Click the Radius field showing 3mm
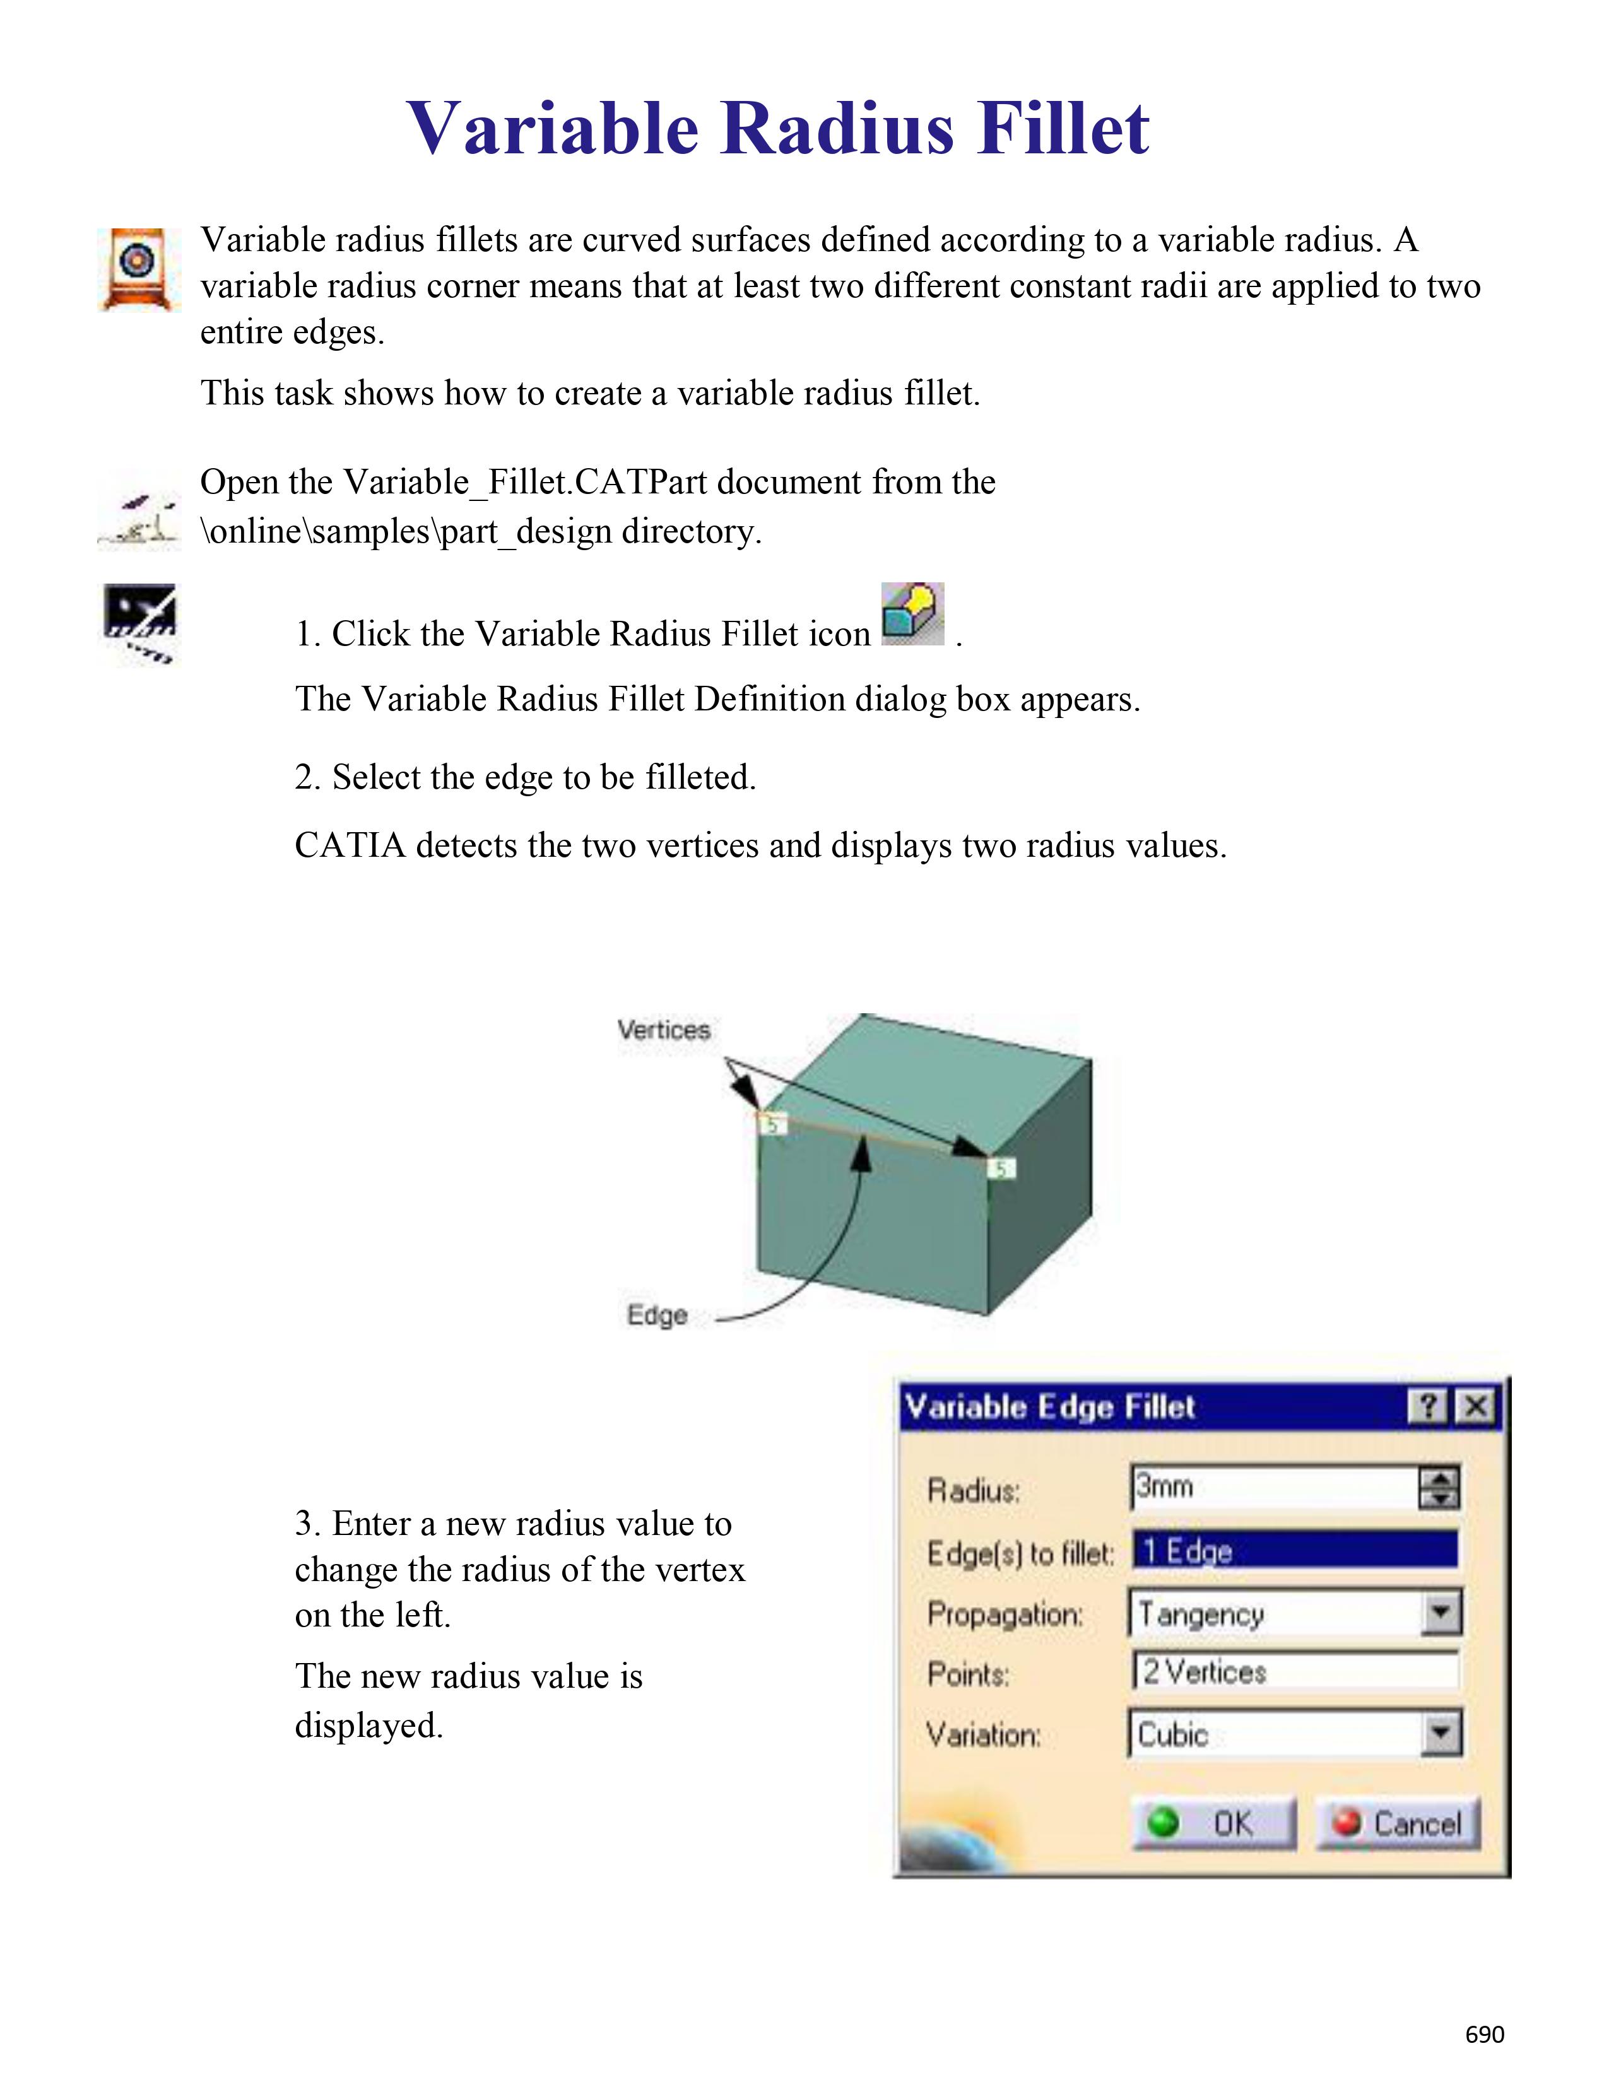[1273, 1487]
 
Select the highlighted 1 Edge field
[1294, 1551]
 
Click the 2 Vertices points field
[1294, 1672]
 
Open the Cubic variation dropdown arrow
[1441, 1733]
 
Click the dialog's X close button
[1476, 1406]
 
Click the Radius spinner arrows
[1439, 1487]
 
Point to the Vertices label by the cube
[663, 1030]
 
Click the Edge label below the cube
[657, 1315]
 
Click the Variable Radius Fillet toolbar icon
[912, 615]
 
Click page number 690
[1484, 2034]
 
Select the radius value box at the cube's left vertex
[773, 1125]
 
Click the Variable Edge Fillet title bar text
[1049, 1407]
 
